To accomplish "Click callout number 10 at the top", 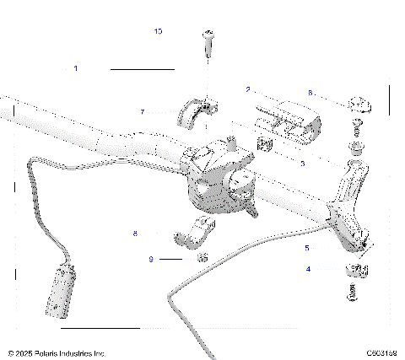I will click(x=158, y=31).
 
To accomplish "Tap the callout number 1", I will click(x=76, y=68).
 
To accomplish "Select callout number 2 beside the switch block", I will click(x=248, y=89).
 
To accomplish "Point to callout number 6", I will click(x=310, y=93).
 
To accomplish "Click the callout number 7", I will click(x=143, y=111).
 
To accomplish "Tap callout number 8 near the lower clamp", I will click(x=135, y=233).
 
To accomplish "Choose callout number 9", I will click(x=151, y=259).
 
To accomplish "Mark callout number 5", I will click(x=306, y=248).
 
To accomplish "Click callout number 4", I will click(x=308, y=269).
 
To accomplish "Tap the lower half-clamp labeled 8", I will click(x=197, y=234).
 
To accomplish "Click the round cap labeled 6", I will click(x=359, y=105).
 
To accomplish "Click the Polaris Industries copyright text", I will click(x=56, y=353).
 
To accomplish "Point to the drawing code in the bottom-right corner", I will click(x=381, y=353).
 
